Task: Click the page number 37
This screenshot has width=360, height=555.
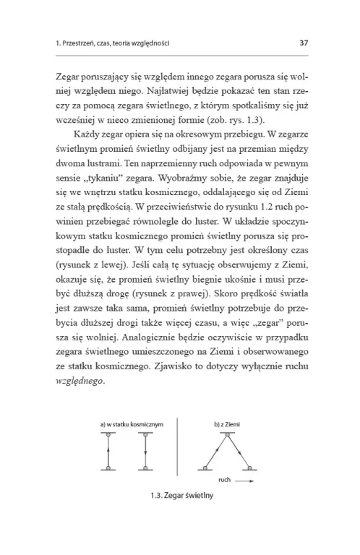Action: [x=304, y=43]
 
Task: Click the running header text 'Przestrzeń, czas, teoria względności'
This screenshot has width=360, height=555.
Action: [x=116, y=43]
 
